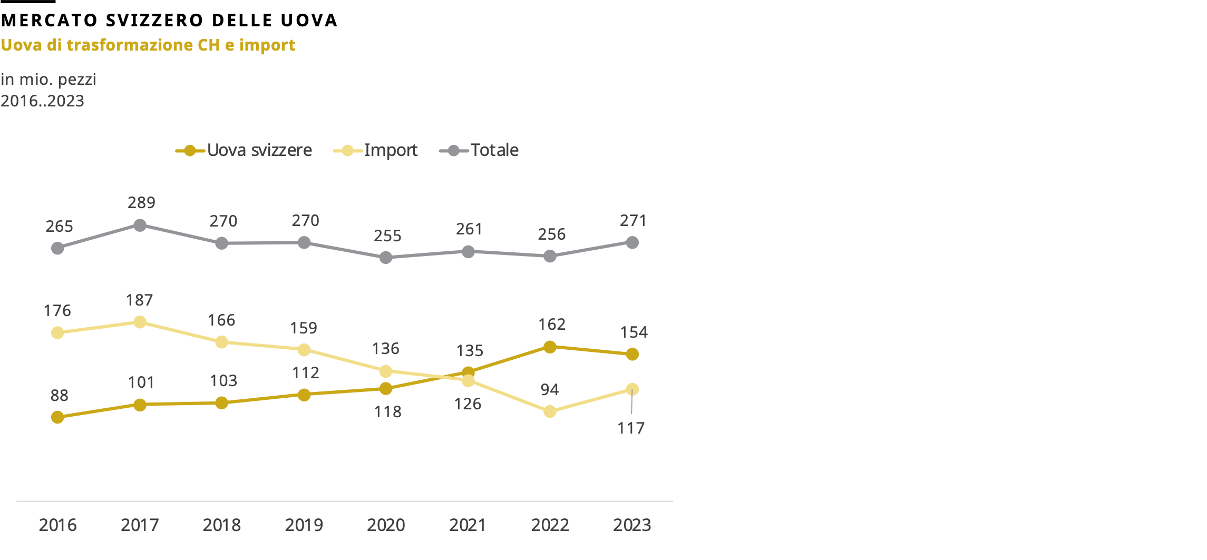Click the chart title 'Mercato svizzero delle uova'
(169, 21)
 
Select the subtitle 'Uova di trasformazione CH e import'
(148, 45)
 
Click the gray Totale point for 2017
(140, 225)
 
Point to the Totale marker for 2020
(386, 258)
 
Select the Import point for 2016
(57, 332)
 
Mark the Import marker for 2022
(550, 411)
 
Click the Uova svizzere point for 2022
(550, 347)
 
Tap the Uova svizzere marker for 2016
(57, 417)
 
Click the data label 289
(141, 203)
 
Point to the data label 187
(139, 300)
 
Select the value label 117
(631, 428)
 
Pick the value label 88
(59, 396)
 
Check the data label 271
(633, 221)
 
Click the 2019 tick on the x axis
(304, 525)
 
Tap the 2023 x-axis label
(632, 525)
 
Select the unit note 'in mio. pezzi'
(48, 80)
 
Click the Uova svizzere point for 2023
(632, 355)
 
